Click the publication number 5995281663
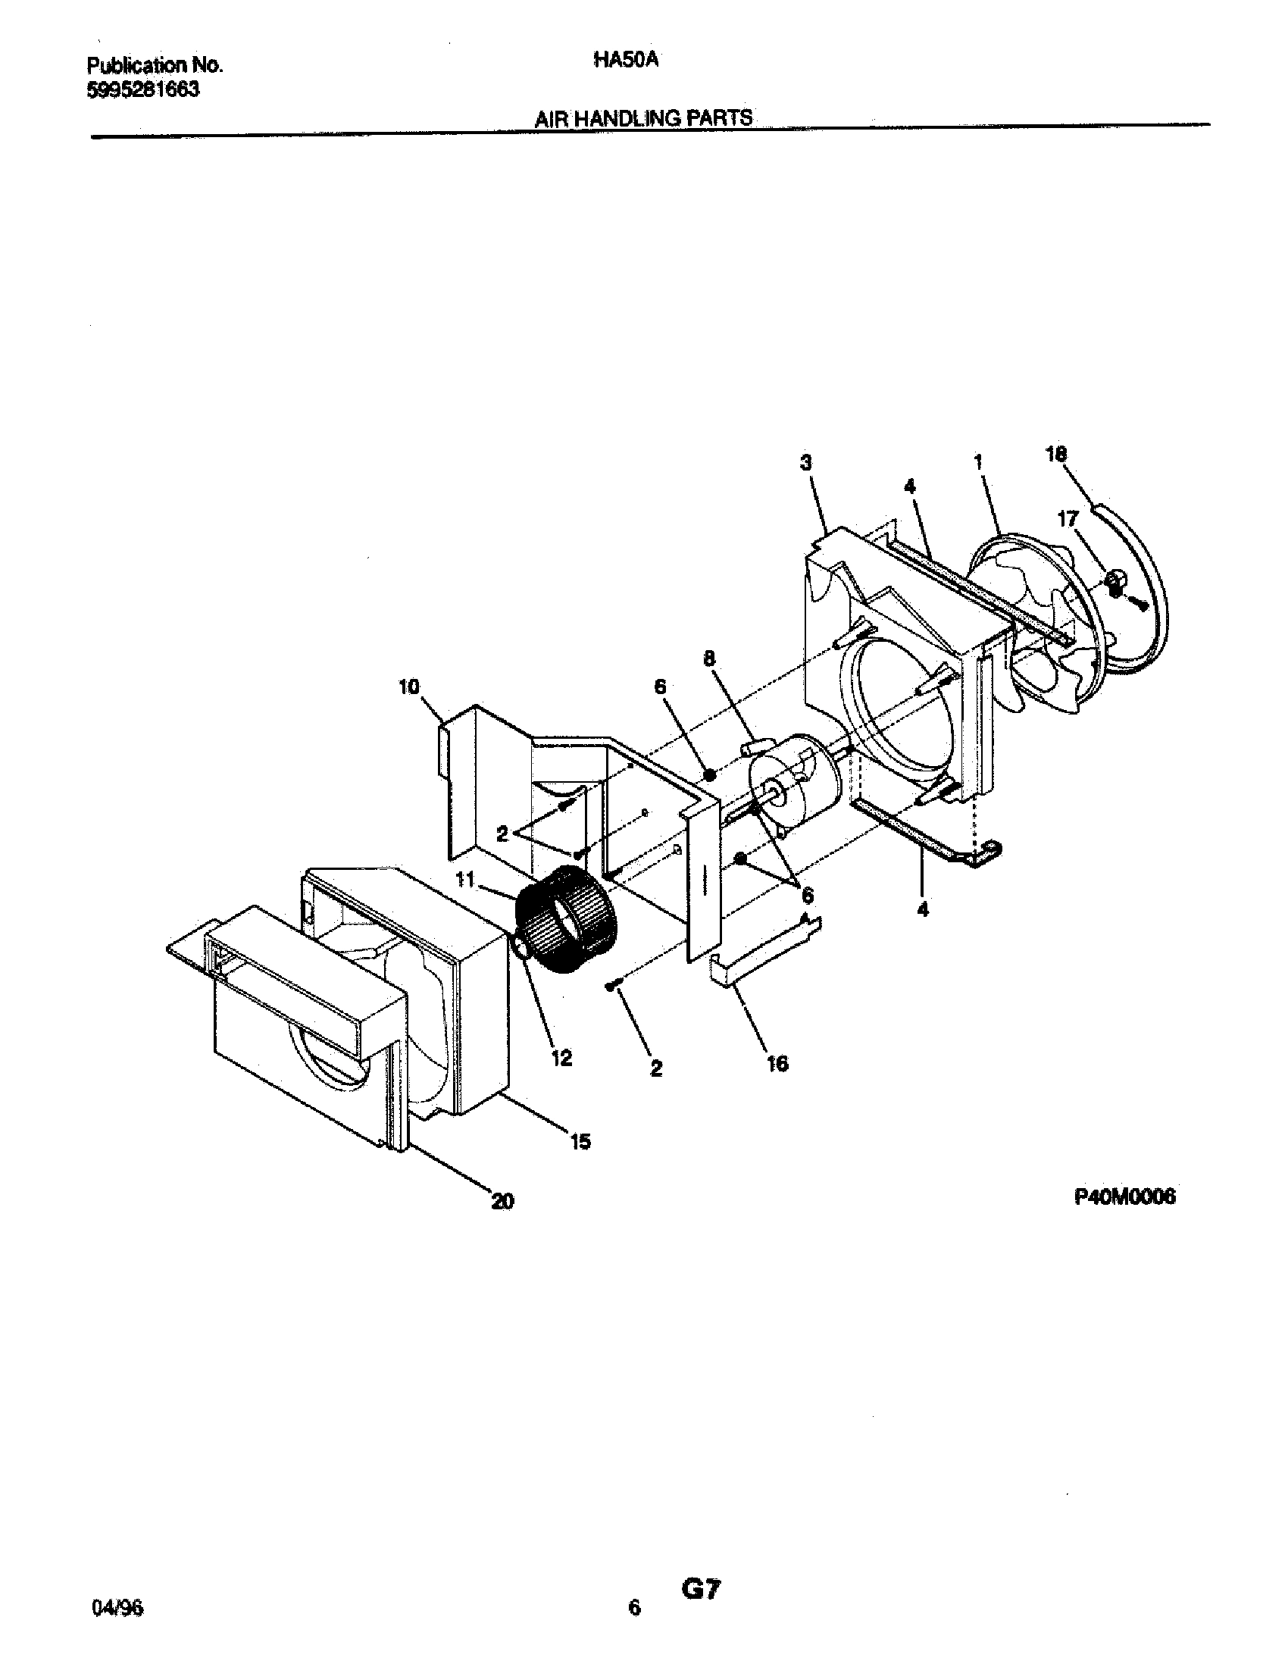pos(144,90)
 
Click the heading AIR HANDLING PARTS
pos(643,118)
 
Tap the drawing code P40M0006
pos(1124,1197)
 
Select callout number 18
pos(1056,454)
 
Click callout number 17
pos(1068,519)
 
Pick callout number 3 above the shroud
pos(806,462)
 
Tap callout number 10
pos(409,687)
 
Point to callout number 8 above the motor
pos(710,658)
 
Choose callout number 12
pos(561,1058)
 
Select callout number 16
pos(777,1063)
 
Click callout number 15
pos(580,1142)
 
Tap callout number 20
pos(502,1202)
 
